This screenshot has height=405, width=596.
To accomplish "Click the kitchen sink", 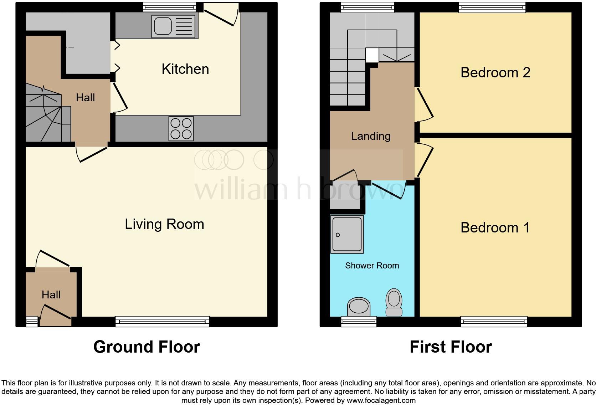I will click(x=174, y=26).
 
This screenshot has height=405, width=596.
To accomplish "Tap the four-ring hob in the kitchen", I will click(x=181, y=128).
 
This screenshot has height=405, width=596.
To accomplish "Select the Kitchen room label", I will click(x=185, y=69).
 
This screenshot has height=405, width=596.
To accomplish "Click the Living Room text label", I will click(x=164, y=224).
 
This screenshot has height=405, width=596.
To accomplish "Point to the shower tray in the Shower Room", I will click(x=346, y=234).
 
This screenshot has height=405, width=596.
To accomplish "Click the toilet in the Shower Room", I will click(x=394, y=302).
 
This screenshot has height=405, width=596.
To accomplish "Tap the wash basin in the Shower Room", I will click(x=359, y=306).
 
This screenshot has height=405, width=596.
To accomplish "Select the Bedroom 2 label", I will click(x=495, y=73).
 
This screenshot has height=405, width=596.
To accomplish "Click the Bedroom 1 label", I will click(x=495, y=228).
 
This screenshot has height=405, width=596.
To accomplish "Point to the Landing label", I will click(x=371, y=136).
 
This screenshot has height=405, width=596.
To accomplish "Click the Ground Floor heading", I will click(x=147, y=347).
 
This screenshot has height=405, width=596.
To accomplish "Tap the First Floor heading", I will click(x=451, y=347).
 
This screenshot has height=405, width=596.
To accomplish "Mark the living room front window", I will click(x=162, y=322).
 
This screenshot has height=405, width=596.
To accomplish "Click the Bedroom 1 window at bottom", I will click(x=494, y=322).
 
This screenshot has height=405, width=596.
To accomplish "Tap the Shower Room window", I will click(x=359, y=322).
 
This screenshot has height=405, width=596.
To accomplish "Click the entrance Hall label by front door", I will click(x=51, y=295).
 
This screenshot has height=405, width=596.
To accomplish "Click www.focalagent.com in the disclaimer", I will click(x=381, y=400).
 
